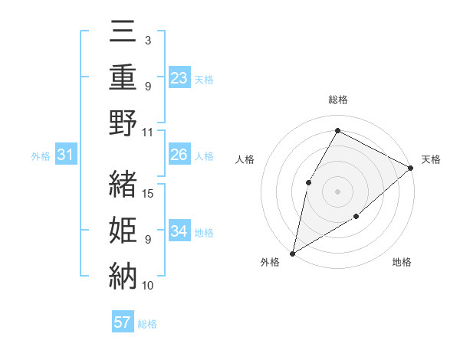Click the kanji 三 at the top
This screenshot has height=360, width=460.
[123, 34]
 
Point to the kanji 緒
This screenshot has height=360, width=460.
[123, 185]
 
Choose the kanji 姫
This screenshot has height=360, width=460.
[123, 230]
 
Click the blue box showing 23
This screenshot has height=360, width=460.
[179, 78]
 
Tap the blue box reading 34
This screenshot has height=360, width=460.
[179, 231]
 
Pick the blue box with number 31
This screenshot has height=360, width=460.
[66, 155]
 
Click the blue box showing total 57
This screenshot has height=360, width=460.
[123, 322]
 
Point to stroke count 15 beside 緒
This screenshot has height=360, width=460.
[149, 193]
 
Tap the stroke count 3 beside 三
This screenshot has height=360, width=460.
[147, 41]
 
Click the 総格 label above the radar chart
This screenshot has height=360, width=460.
[337, 100]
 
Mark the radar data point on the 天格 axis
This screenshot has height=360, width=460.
[411, 169]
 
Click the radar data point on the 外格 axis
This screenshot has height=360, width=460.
[292, 253]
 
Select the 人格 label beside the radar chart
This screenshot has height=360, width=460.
[245, 159]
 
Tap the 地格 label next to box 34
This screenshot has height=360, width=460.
[204, 232]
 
